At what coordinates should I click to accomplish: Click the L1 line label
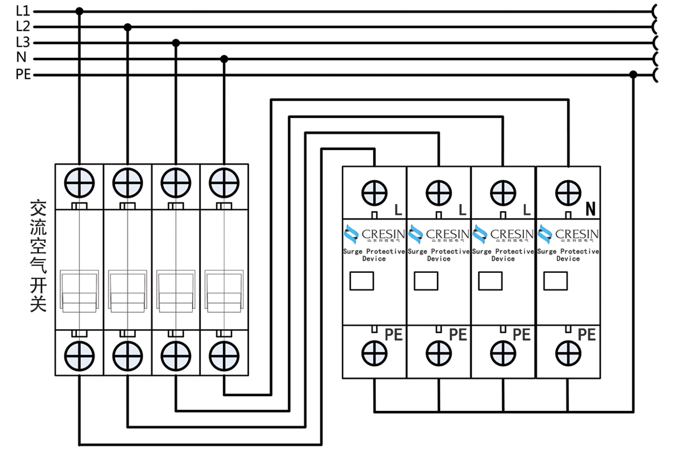pos(23,11)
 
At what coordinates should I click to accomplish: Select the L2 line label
pos(23,26)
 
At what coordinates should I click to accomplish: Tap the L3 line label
pos(23,42)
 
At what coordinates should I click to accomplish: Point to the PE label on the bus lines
pos(23,74)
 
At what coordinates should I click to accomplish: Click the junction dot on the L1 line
pos(80,11)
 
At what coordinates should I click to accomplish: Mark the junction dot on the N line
pos(224,58)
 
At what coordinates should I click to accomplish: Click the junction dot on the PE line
pos(633,74)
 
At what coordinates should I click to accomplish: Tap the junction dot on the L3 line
pos(176,43)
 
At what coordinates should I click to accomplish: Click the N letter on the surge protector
pos(591,210)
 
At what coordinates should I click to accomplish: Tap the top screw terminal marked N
pos(568,193)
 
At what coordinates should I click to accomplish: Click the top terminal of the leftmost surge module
pos(374,193)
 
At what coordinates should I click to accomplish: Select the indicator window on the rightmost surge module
pos(555,281)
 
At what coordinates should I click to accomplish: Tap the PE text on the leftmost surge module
pos(394,335)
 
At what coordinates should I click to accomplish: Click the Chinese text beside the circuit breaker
pos(38,256)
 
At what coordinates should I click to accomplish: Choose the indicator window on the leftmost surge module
pos(362,281)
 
